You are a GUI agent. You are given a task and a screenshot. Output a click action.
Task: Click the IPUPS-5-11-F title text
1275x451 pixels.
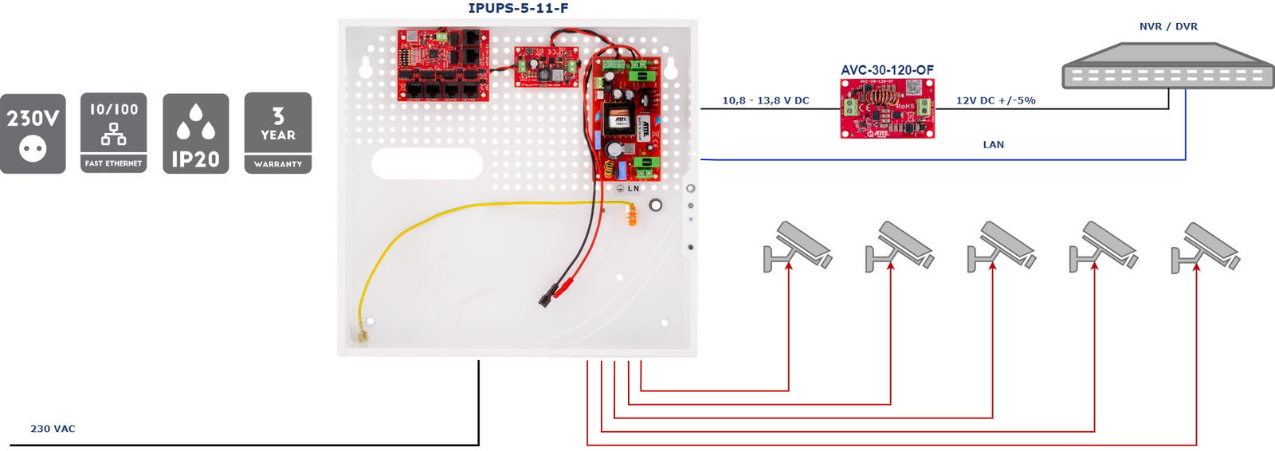coord(518,9)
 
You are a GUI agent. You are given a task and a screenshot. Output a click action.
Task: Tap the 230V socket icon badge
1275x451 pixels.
coord(33,133)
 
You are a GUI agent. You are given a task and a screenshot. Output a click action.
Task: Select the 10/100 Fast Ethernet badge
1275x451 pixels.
coord(114,133)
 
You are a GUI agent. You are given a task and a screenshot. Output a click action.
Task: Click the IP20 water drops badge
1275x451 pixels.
coord(195,133)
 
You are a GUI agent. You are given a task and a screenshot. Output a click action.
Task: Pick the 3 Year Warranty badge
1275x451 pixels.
coord(278,133)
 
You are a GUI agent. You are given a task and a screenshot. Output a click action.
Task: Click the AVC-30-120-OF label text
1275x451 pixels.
coord(887,70)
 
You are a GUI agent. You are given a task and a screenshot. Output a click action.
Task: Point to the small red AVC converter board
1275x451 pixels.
coord(887,108)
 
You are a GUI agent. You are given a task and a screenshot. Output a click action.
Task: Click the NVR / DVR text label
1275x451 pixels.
coord(1168,26)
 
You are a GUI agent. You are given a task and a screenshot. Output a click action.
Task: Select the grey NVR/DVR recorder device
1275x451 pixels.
coord(1167,67)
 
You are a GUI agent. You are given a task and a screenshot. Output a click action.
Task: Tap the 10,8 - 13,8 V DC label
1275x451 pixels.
coord(766,100)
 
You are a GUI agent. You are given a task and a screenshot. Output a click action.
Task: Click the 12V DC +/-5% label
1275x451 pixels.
coord(996,100)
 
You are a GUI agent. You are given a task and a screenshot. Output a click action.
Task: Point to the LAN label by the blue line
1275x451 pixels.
coord(993,144)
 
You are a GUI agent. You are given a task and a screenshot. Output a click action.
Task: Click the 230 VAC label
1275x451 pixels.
coord(53,429)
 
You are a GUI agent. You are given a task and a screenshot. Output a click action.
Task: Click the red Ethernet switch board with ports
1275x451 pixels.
coord(443,65)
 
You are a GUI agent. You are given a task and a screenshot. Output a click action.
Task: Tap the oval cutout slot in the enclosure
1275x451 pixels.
coord(427,164)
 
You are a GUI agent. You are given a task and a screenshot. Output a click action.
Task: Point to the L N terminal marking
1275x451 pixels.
coord(633,189)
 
